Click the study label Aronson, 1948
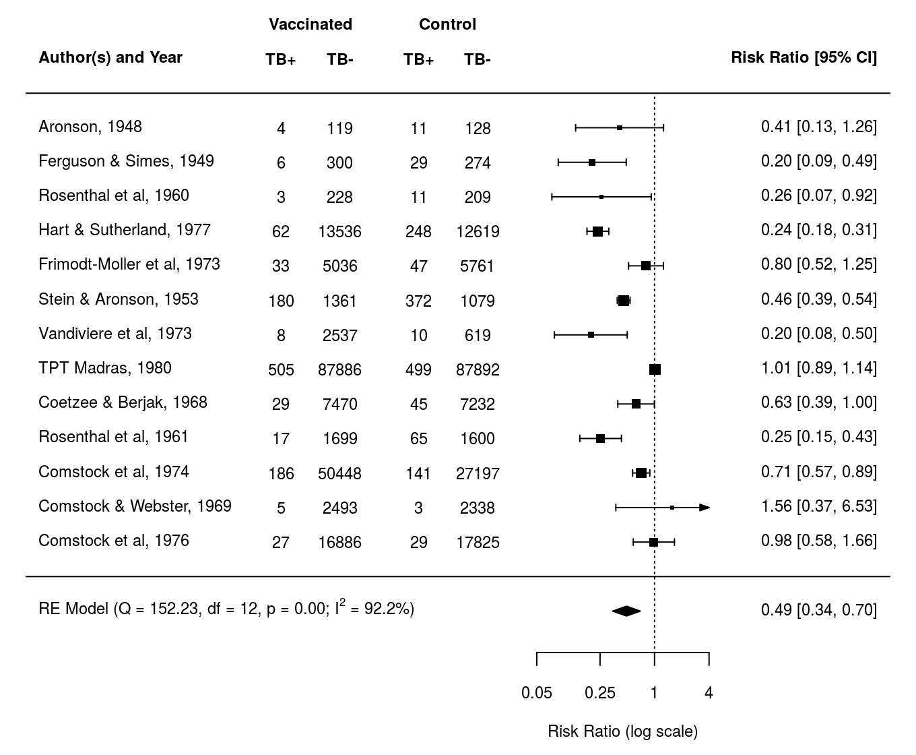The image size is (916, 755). coord(90,127)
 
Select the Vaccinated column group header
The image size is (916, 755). coord(310,24)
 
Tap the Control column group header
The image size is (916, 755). coord(447,24)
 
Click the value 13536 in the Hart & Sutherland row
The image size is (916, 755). coord(339,232)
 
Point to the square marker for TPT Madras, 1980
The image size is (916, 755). coord(655,369)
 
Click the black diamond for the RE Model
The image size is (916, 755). coord(626,611)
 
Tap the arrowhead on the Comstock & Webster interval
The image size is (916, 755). coord(705,508)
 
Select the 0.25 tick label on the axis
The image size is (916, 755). coord(600,693)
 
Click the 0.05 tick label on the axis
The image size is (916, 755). coord(537,693)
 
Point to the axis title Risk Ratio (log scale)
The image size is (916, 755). coord(623,731)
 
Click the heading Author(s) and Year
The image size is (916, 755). coord(110,57)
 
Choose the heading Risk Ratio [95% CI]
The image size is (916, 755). coord(804,57)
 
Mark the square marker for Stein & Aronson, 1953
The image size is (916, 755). coord(624,301)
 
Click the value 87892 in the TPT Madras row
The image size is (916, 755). coord(478,369)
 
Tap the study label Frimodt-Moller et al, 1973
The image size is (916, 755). coord(129,264)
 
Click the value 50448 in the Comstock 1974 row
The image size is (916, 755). coord(339,474)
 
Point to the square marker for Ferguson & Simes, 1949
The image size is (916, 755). coord(592,162)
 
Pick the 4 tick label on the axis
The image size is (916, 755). coord(709,693)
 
